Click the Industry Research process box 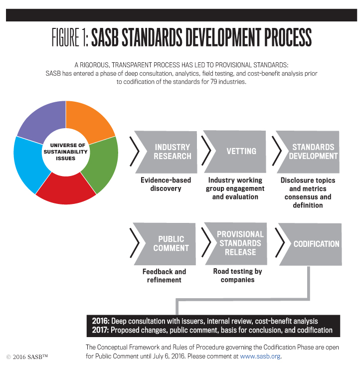click(167, 152)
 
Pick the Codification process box click(311, 244)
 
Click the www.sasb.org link click(260, 357)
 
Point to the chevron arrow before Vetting click(206, 151)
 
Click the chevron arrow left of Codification click(280, 243)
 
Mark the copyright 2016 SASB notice click(27, 357)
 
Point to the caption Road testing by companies click(237, 275)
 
